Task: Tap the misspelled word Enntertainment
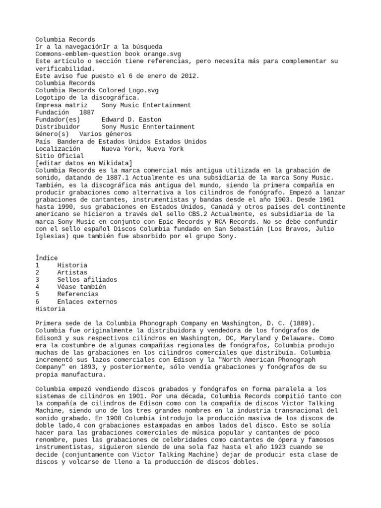(168, 127)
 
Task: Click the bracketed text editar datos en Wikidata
(83, 163)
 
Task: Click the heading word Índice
(47, 258)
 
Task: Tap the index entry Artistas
(72, 272)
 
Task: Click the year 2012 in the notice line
(190, 76)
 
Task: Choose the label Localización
(58, 149)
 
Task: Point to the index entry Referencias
(77, 294)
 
